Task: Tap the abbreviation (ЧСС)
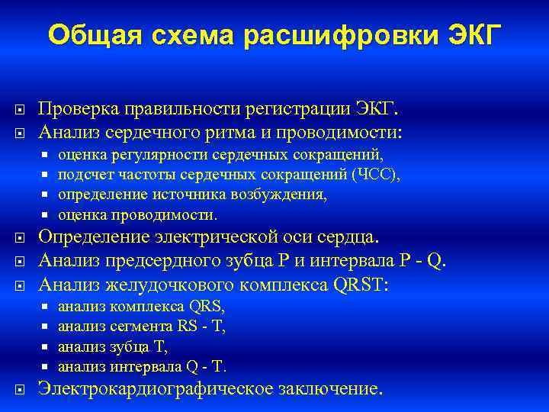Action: click(375, 175)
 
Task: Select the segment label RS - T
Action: click(201, 326)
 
